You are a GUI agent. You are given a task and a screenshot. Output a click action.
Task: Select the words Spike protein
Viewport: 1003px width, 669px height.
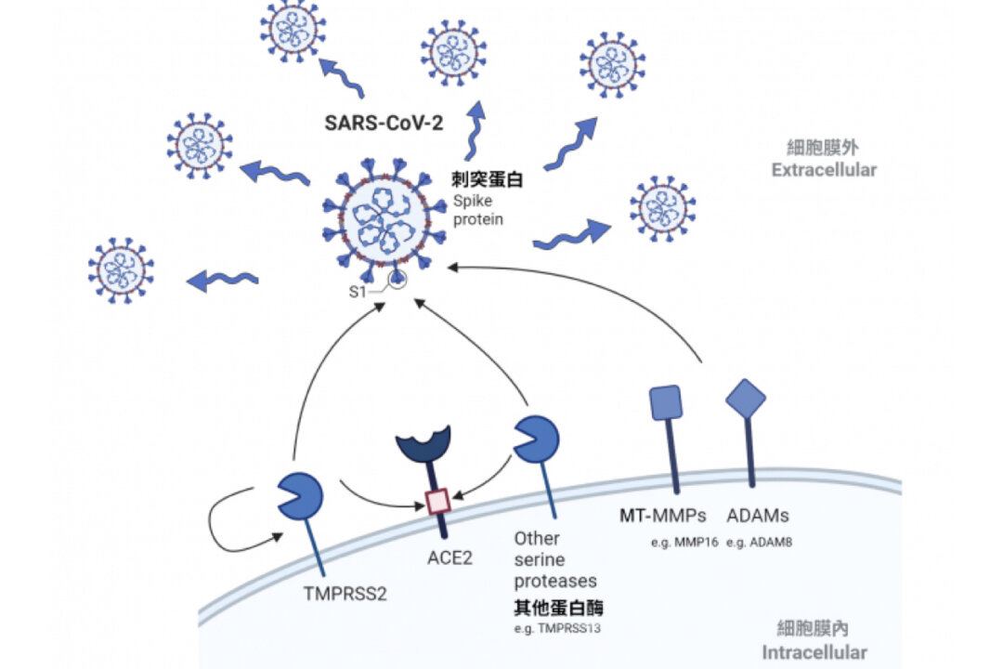click(x=478, y=211)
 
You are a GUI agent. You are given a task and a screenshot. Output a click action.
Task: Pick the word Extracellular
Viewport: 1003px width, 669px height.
click(x=823, y=170)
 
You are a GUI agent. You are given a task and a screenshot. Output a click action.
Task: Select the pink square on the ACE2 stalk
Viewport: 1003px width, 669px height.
click(x=437, y=502)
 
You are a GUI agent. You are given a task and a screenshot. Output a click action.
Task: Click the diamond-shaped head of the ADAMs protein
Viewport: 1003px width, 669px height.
click(x=746, y=399)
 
